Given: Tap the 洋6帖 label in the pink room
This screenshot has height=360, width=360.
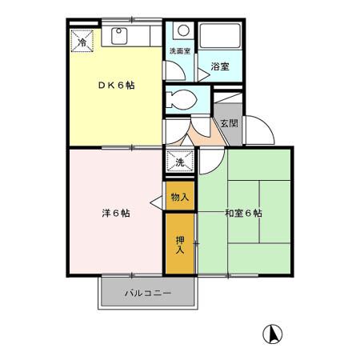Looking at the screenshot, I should click(x=116, y=213).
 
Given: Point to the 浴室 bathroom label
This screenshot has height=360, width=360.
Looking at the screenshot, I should click(x=220, y=66).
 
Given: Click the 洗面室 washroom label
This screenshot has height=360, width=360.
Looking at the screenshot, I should click(x=179, y=52).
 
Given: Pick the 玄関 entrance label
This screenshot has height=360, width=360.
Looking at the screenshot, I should click(x=229, y=123).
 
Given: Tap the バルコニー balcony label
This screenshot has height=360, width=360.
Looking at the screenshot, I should click(x=147, y=294).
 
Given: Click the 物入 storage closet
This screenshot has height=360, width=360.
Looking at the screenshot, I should click(x=179, y=197).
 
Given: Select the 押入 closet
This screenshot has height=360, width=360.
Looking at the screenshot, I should click(x=179, y=243).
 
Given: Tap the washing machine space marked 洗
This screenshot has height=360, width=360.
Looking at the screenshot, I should click(x=180, y=162).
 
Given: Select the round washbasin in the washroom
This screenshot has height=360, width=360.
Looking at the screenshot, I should click(x=182, y=32).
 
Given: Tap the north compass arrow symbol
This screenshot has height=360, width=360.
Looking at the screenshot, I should click(x=273, y=333).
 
